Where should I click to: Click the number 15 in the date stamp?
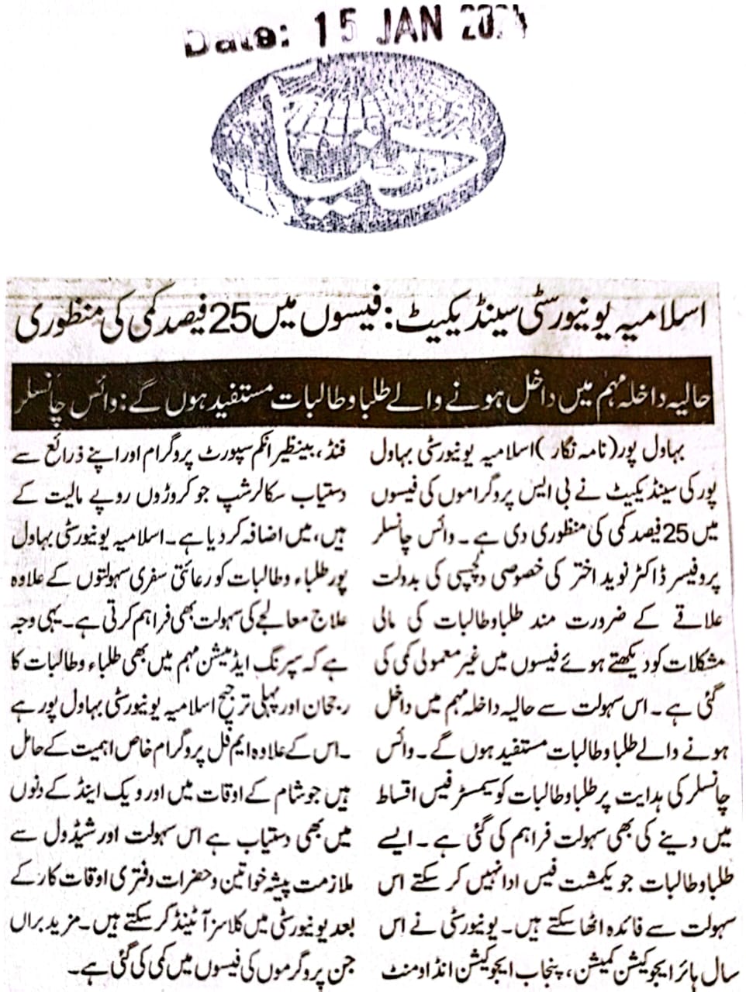[335, 30]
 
